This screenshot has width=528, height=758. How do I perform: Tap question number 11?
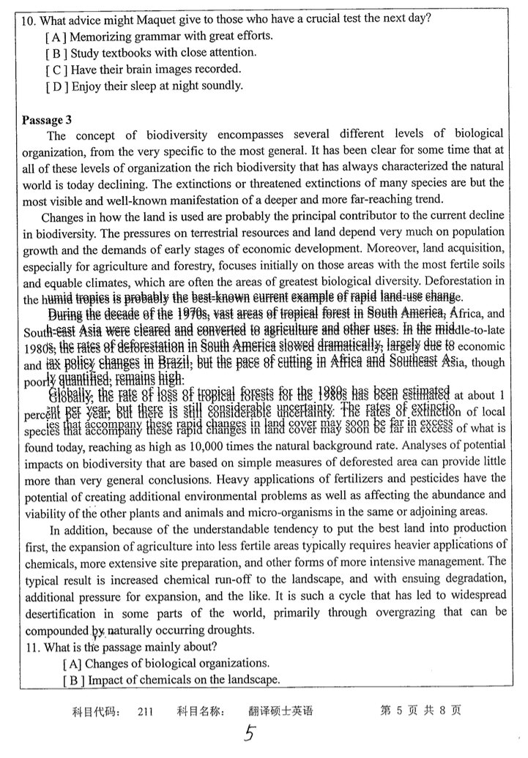pos(30,647)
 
